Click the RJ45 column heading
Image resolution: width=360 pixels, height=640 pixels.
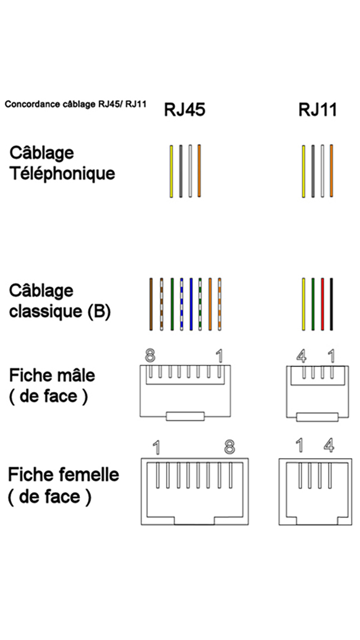point(185,110)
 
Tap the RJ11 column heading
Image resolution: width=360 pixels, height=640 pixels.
point(318,110)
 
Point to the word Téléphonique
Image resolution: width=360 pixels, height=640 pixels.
point(62,174)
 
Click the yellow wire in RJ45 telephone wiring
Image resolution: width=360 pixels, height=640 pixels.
point(171,171)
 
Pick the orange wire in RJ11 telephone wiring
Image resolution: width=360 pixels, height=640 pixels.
point(332,171)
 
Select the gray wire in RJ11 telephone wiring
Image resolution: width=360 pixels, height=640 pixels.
point(313,171)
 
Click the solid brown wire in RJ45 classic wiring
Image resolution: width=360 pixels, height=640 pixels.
point(151,304)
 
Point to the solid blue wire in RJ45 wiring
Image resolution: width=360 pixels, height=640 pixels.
point(191,304)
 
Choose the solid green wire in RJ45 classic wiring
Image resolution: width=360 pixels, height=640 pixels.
point(172,304)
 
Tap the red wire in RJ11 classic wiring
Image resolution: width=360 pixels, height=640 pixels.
point(323,304)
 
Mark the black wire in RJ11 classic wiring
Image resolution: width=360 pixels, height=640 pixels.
point(332,304)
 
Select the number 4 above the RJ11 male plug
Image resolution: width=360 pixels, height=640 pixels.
point(301,356)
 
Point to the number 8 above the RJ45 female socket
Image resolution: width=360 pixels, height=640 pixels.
point(229,447)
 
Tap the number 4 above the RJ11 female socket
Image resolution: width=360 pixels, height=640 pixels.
point(328,445)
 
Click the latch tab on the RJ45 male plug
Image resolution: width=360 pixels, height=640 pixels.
point(185,416)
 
